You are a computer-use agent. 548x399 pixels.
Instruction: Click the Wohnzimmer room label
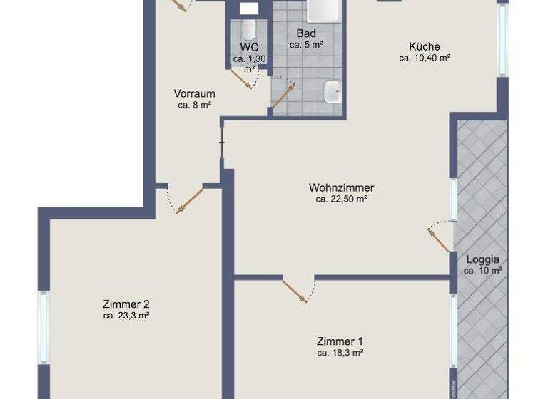pyautogui.click(x=341, y=187)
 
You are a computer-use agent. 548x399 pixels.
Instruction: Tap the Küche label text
pyautogui.click(x=424, y=46)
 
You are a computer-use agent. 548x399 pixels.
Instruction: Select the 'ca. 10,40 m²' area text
pyautogui.click(x=424, y=58)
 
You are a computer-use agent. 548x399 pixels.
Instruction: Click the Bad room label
pyautogui.click(x=306, y=33)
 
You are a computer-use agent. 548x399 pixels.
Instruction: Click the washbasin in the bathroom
pyautogui.click(x=332, y=90)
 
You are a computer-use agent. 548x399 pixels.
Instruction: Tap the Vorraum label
pyautogui.click(x=195, y=93)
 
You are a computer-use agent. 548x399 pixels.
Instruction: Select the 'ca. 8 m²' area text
pyautogui.click(x=195, y=105)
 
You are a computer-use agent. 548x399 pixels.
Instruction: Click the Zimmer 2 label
pyautogui.click(x=126, y=303)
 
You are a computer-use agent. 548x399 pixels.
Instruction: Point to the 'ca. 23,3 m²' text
pyautogui.click(x=126, y=315)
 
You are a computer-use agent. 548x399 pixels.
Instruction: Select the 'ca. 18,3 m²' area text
pyautogui.click(x=340, y=352)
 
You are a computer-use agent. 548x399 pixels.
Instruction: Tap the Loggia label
pyautogui.click(x=483, y=259)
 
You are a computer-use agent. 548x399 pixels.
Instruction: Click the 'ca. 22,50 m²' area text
pyautogui.click(x=341, y=199)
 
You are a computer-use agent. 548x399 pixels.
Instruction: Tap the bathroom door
pyautogui.click(x=282, y=95)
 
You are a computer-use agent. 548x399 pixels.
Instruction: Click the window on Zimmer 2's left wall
pyautogui.click(x=44, y=328)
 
